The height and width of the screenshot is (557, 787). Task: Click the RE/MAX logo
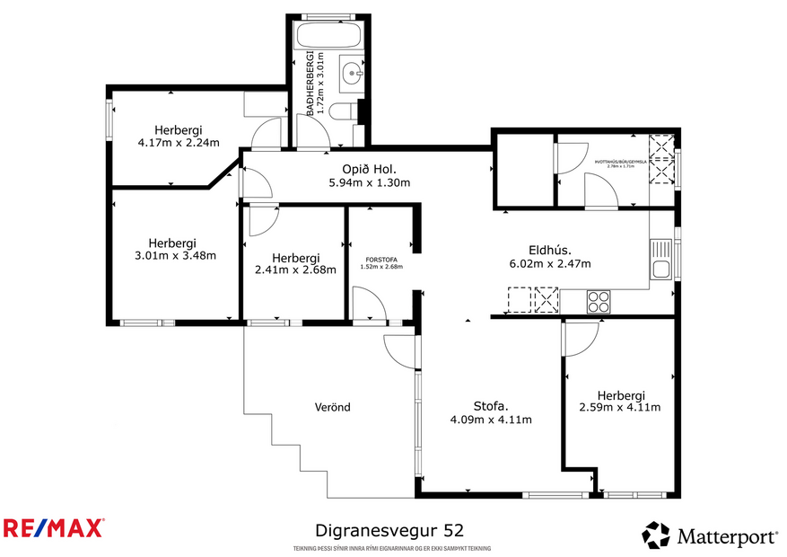[x=54, y=528]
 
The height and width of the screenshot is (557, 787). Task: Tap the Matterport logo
[x=710, y=536]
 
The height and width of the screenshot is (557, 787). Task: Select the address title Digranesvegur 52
[x=389, y=531]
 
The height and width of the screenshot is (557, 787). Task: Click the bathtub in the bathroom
[x=328, y=38]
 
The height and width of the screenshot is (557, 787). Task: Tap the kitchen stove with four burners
[x=599, y=301]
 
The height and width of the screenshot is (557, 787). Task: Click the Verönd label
[x=333, y=407]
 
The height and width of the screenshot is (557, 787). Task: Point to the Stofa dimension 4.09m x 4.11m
[x=490, y=420]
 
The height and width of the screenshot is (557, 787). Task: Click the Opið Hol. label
[x=369, y=169]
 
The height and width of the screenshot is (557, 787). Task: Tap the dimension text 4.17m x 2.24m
[x=177, y=142]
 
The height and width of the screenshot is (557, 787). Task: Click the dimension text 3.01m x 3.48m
[x=172, y=255]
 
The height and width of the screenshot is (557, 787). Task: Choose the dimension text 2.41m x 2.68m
[x=295, y=269]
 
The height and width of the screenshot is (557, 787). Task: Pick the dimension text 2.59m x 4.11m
[x=620, y=407]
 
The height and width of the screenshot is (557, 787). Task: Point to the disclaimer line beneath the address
[x=392, y=548]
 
